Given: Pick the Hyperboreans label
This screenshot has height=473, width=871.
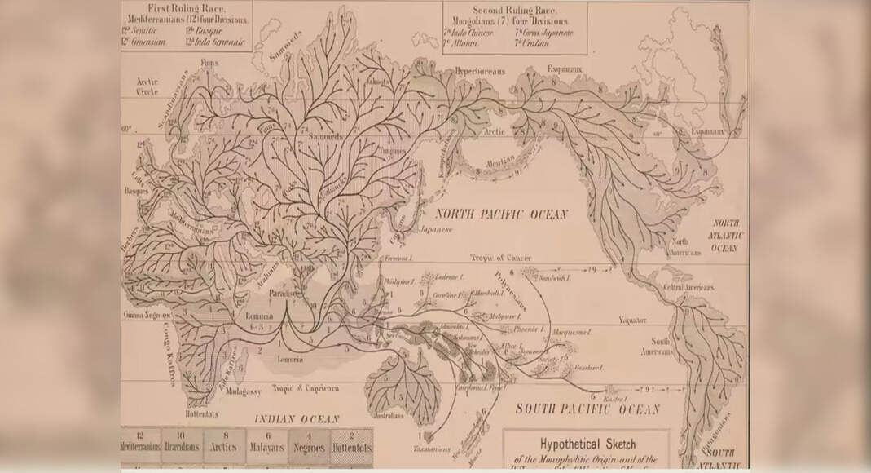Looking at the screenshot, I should pos(481,71).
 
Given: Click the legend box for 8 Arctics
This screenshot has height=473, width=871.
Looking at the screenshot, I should pos(223,447).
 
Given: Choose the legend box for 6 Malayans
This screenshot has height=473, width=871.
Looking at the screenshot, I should pos(266,447).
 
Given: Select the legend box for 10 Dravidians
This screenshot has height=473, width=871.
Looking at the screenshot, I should pos(181,447).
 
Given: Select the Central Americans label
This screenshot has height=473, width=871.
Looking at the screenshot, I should pos(688,289).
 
